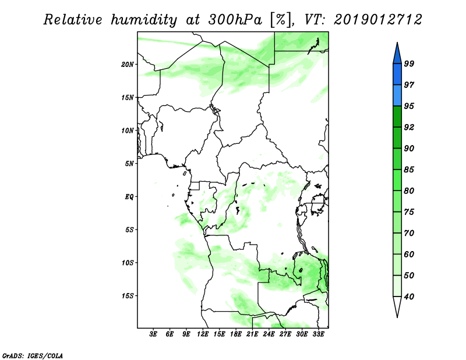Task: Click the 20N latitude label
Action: (x=127, y=65)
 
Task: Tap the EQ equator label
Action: (x=129, y=197)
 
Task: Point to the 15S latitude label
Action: (x=127, y=296)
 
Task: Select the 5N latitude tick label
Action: (x=129, y=164)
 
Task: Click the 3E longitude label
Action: (x=153, y=334)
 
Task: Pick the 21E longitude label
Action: (x=252, y=334)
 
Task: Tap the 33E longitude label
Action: (x=318, y=334)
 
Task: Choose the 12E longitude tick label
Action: (x=203, y=334)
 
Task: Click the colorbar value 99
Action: (x=409, y=63)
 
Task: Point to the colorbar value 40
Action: (x=409, y=297)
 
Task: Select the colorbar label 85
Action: (x=409, y=170)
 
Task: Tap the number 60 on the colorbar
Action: (x=409, y=254)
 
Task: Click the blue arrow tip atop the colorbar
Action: (x=397, y=43)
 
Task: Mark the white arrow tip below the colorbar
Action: (x=397, y=317)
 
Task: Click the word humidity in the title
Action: (x=143, y=20)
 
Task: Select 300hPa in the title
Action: (x=235, y=20)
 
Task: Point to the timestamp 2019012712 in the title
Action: (x=377, y=20)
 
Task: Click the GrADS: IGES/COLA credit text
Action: (x=33, y=355)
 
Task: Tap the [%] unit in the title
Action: (x=281, y=20)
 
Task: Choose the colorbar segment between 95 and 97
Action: (x=397, y=96)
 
